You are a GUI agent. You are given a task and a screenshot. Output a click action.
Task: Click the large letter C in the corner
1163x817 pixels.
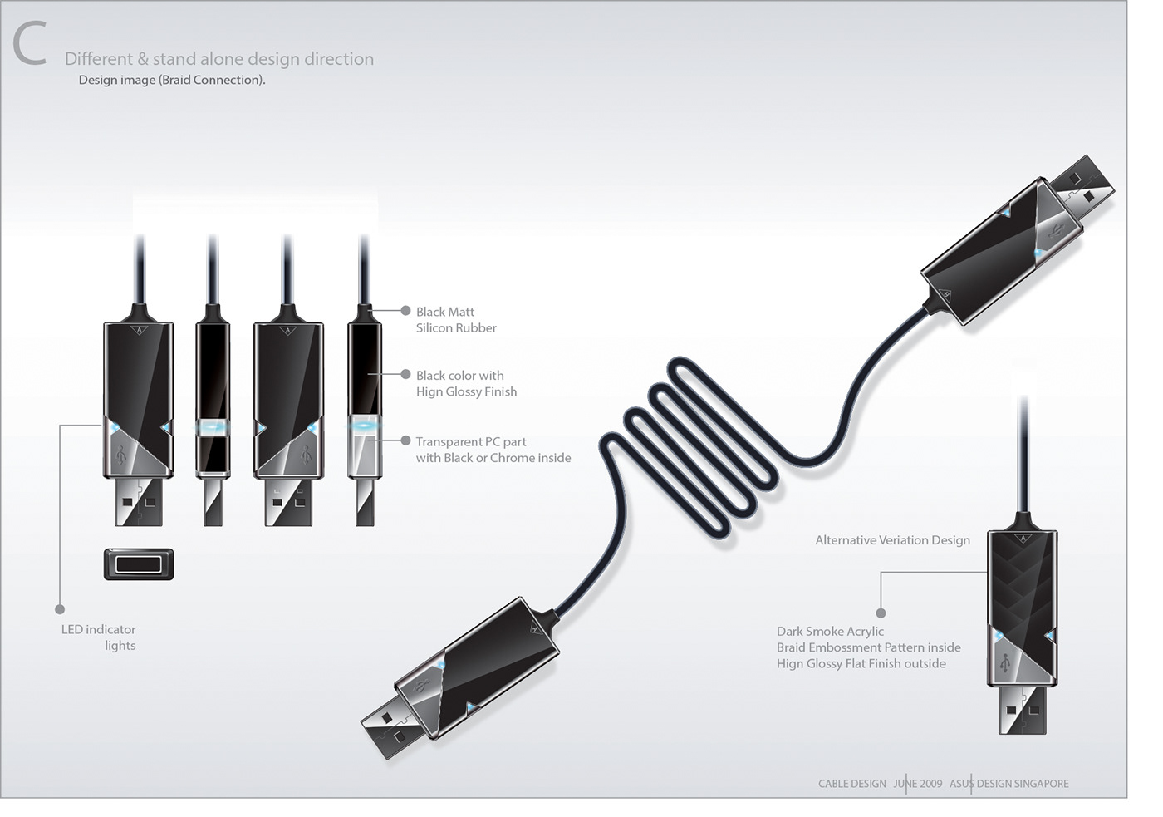click(x=29, y=45)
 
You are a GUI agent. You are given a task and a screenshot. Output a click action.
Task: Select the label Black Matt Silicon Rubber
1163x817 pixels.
click(x=456, y=320)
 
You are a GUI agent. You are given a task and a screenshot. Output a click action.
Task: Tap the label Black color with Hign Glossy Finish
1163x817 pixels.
click(x=466, y=383)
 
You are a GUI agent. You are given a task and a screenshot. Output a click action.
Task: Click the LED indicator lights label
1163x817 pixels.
click(x=99, y=637)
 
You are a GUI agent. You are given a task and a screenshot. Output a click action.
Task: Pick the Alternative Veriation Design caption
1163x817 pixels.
click(x=892, y=540)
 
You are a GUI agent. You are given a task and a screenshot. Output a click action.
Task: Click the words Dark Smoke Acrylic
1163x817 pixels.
click(x=830, y=632)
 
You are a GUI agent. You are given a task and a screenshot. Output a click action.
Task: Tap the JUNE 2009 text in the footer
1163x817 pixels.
click(x=917, y=784)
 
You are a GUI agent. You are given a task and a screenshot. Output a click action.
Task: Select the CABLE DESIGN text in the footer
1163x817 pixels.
click(x=851, y=784)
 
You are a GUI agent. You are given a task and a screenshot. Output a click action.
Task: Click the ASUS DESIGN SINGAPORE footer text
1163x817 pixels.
click(x=1008, y=784)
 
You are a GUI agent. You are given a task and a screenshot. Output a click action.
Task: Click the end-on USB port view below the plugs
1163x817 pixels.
click(x=139, y=564)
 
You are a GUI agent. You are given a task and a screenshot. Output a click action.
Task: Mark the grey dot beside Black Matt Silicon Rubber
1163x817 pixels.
click(x=405, y=311)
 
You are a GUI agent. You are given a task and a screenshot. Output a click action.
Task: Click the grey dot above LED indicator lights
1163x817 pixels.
click(x=60, y=609)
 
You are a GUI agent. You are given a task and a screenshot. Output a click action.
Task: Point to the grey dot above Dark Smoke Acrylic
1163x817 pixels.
click(x=881, y=613)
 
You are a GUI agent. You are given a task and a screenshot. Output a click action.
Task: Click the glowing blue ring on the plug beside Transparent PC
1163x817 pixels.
click(x=364, y=426)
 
